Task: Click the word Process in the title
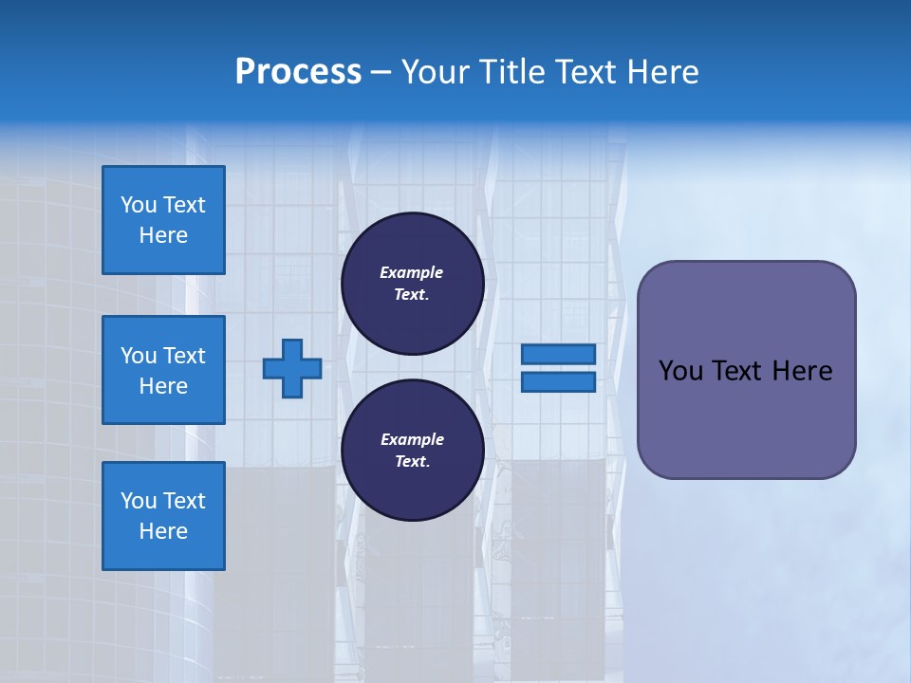pyautogui.click(x=298, y=72)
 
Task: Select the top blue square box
pyautogui.click(x=163, y=220)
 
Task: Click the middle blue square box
pyautogui.click(x=163, y=370)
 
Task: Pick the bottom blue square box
pyautogui.click(x=163, y=516)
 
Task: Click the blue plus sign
pyautogui.click(x=292, y=369)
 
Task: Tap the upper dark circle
pyautogui.click(x=413, y=284)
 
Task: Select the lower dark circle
pyautogui.click(x=413, y=451)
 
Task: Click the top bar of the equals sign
pyautogui.click(x=559, y=354)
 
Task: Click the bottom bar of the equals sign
pyautogui.click(x=559, y=382)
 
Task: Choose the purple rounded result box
pyautogui.click(x=746, y=370)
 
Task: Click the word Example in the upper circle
pyautogui.click(x=412, y=272)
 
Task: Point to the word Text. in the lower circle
pyautogui.click(x=412, y=462)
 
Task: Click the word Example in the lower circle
pyautogui.click(x=412, y=439)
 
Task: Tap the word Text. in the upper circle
pyautogui.click(x=412, y=295)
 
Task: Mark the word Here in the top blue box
pyautogui.click(x=163, y=235)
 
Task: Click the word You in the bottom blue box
pyautogui.click(x=139, y=501)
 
